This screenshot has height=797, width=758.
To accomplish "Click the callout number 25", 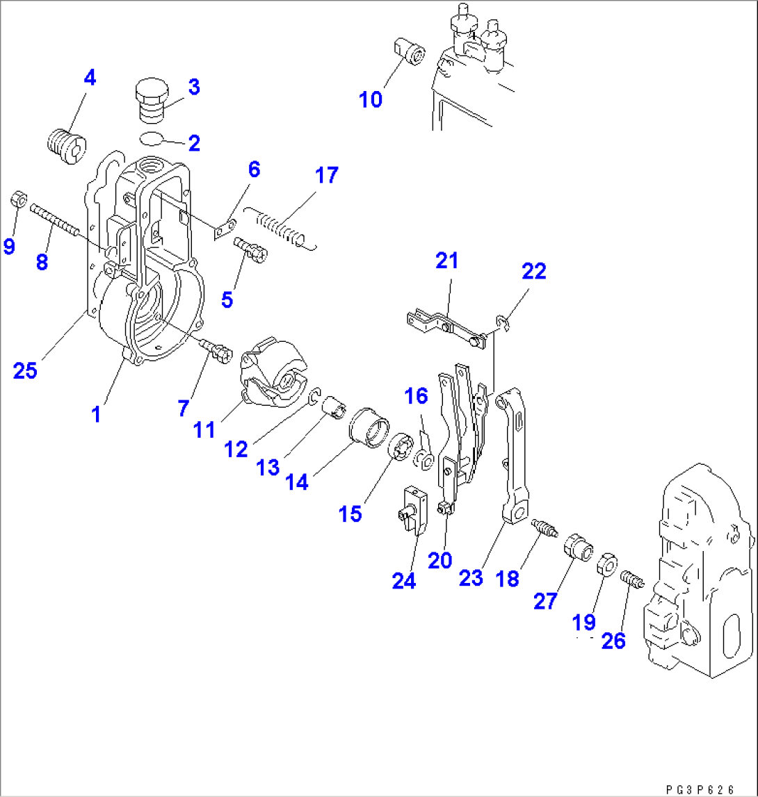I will point(25,370).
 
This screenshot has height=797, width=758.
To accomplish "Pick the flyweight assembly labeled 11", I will point(272,371).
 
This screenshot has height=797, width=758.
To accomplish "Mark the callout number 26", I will point(613,641).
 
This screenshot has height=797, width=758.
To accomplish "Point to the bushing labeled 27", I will point(578,547).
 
